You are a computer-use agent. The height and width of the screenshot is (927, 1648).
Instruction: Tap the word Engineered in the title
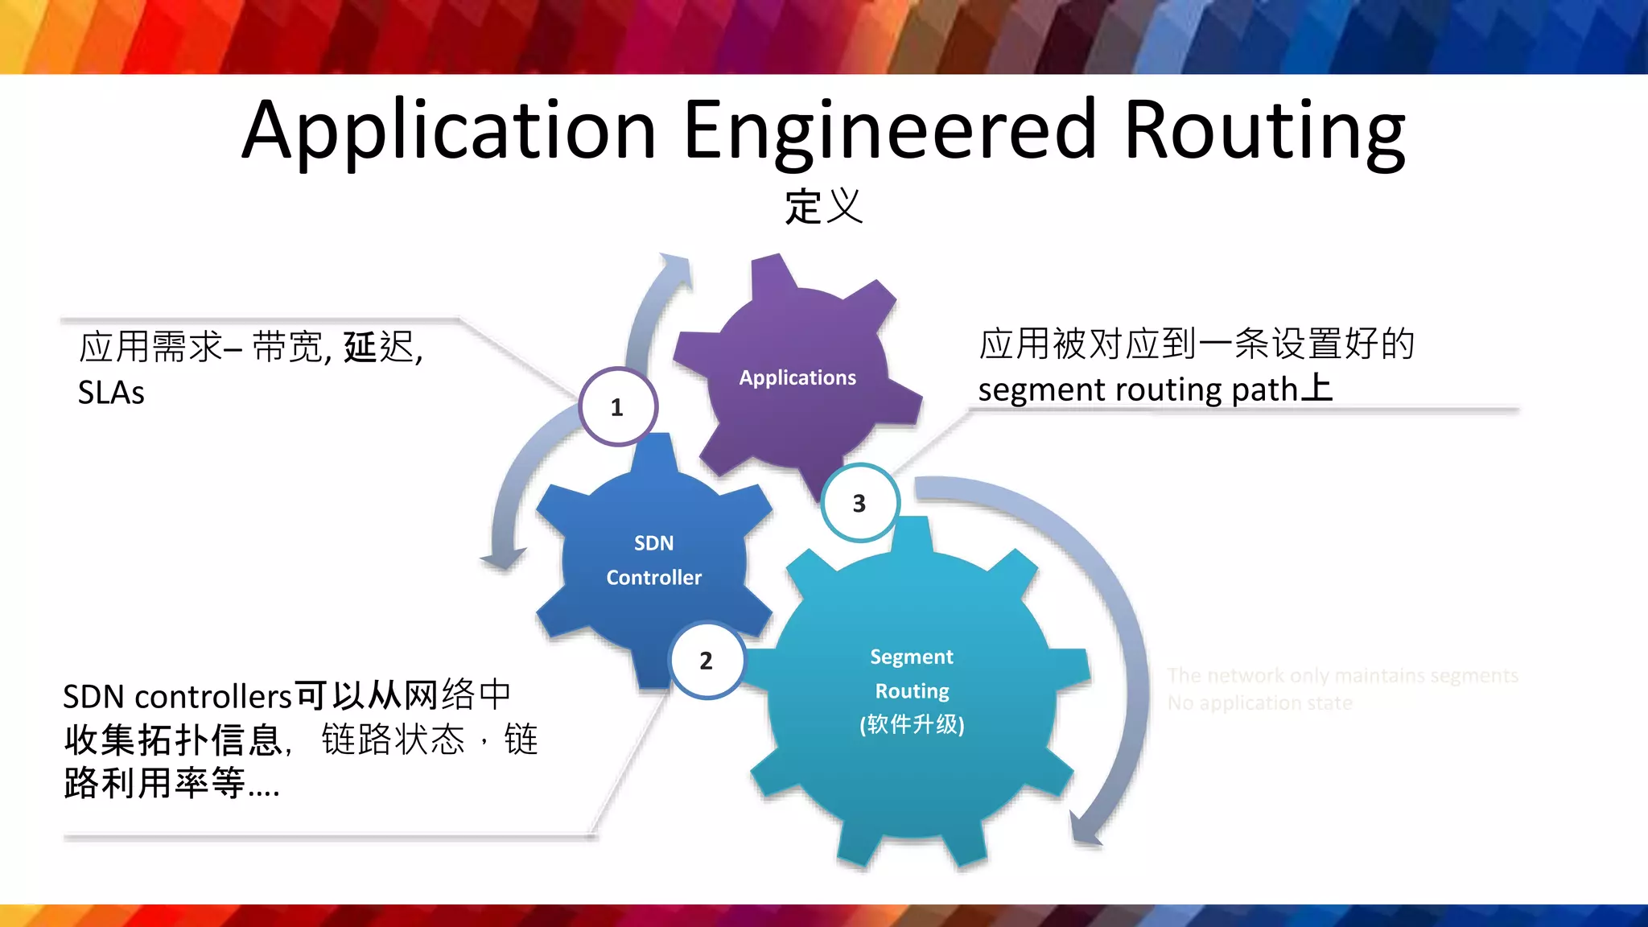click(x=889, y=131)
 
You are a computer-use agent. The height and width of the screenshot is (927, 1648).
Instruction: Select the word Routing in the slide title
click(x=1264, y=131)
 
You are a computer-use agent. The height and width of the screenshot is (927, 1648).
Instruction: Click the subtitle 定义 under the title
click(x=824, y=207)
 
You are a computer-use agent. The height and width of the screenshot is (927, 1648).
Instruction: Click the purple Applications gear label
click(x=797, y=377)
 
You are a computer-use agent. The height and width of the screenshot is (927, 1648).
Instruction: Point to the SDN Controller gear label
click(x=653, y=560)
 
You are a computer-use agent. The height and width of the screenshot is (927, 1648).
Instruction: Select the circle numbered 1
click(x=617, y=407)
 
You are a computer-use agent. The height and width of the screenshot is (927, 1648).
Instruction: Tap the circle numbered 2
click(x=706, y=661)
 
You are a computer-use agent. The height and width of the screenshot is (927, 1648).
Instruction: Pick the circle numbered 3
click(x=859, y=504)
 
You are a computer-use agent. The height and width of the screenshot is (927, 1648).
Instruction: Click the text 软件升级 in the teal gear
click(x=912, y=724)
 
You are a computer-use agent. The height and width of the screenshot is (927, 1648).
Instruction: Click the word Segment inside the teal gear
click(x=912, y=657)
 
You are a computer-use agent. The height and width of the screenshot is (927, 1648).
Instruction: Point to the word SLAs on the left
click(x=111, y=393)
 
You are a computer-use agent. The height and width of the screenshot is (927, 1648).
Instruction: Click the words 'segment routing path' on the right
click(x=1138, y=390)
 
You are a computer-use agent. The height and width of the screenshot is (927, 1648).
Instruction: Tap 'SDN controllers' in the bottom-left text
click(x=177, y=697)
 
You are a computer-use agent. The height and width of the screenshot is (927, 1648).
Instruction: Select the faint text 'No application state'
click(x=1260, y=703)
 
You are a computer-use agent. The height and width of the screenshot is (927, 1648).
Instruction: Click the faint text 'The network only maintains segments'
click(x=1342, y=675)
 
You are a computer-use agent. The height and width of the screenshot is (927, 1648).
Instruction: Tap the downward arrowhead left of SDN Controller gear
click(x=502, y=558)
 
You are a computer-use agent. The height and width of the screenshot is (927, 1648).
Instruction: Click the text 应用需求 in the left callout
click(x=151, y=347)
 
